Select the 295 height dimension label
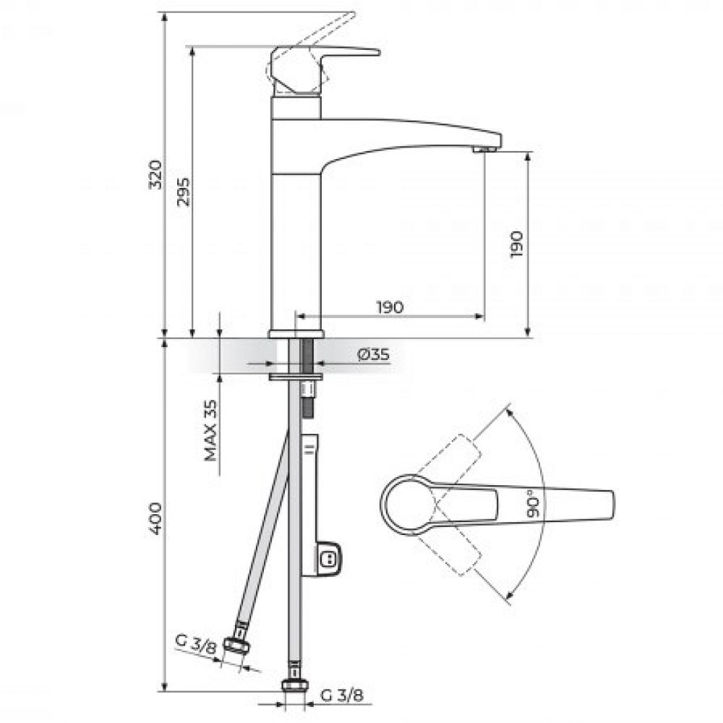pos(184,192)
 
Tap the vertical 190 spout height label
pos(518,244)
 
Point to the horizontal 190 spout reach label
pos(390,307)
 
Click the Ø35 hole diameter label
pos(374,354)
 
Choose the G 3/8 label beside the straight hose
pos(342,695)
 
